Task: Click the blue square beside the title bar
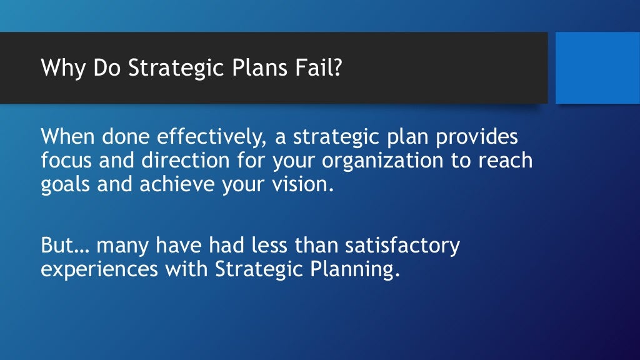(597, 67)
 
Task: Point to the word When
(65, 137)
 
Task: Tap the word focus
(66, 161)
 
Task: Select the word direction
(188, 161)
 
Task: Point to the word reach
(506, 161)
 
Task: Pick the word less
(267, 246)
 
